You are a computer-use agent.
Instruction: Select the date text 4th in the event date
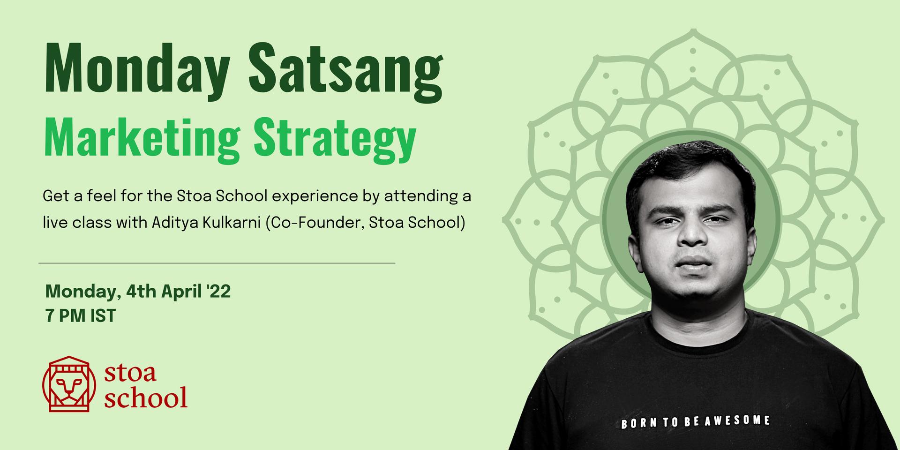[x=141, y=292]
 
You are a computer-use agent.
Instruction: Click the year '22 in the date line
[x=218, y=292]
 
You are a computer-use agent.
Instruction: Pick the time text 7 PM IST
[x=81, y=316]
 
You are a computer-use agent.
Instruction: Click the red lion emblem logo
[x=69, y=384]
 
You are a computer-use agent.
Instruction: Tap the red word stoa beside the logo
[x=130, y=373]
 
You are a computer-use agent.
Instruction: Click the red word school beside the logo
[x=146, y=397]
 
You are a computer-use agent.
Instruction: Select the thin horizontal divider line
[x=217, y=263]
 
